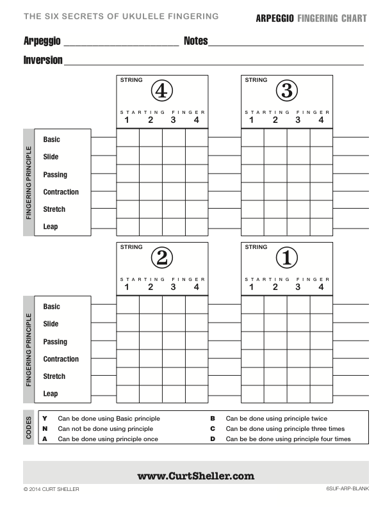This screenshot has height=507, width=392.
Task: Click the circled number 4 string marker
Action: pyautogui.click(x=161, y=92)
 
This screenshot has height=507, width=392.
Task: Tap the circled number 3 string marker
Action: pyautogui.click(x=286, y=92)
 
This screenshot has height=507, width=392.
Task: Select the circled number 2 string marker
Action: pyautogui.click(x=161, y=258)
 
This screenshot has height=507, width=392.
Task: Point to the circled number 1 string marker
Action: pyautogui.click(x=286, y=258)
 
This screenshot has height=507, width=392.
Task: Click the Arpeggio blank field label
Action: pyautogui.click(x=42, y=41)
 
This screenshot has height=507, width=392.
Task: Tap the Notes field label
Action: pyautogui.click(x=195, y=41)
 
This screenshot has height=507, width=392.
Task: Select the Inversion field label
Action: pyautogui.click(x=43, y=60)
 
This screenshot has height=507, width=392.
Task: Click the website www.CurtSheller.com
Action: pyautogui.click(x=196, y=476)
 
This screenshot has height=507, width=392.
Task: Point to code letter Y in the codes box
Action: pyautogui.click(x=44, y=419)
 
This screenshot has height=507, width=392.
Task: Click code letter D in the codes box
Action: pyautogui.click(x=212, y=439)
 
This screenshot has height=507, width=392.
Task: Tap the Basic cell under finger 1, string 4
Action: pyautogui.click(x=127, y=138)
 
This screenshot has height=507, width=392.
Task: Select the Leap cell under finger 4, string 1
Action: pyautogui.click(x=322, y=394)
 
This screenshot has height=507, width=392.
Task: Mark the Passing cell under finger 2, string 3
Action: pyautogui.click(x=275, y=173)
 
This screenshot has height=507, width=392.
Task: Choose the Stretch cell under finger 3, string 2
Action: pyautogui.click(x=174, y=376)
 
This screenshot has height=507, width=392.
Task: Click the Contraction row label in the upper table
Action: pyautogui.click(x=61, y=192)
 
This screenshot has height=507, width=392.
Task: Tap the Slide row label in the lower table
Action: pyautogui.click(x=51, y=324)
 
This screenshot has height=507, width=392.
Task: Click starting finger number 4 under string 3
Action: pyautogui.click(x=321, y=120)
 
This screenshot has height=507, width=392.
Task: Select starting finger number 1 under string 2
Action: pyautogui.click(x=127, y=287)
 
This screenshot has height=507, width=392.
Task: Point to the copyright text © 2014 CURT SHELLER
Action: pyautogui.click(x=51, y=490)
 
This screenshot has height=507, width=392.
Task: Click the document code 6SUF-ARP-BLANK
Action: pyautogui.click(x=346, y=490)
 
